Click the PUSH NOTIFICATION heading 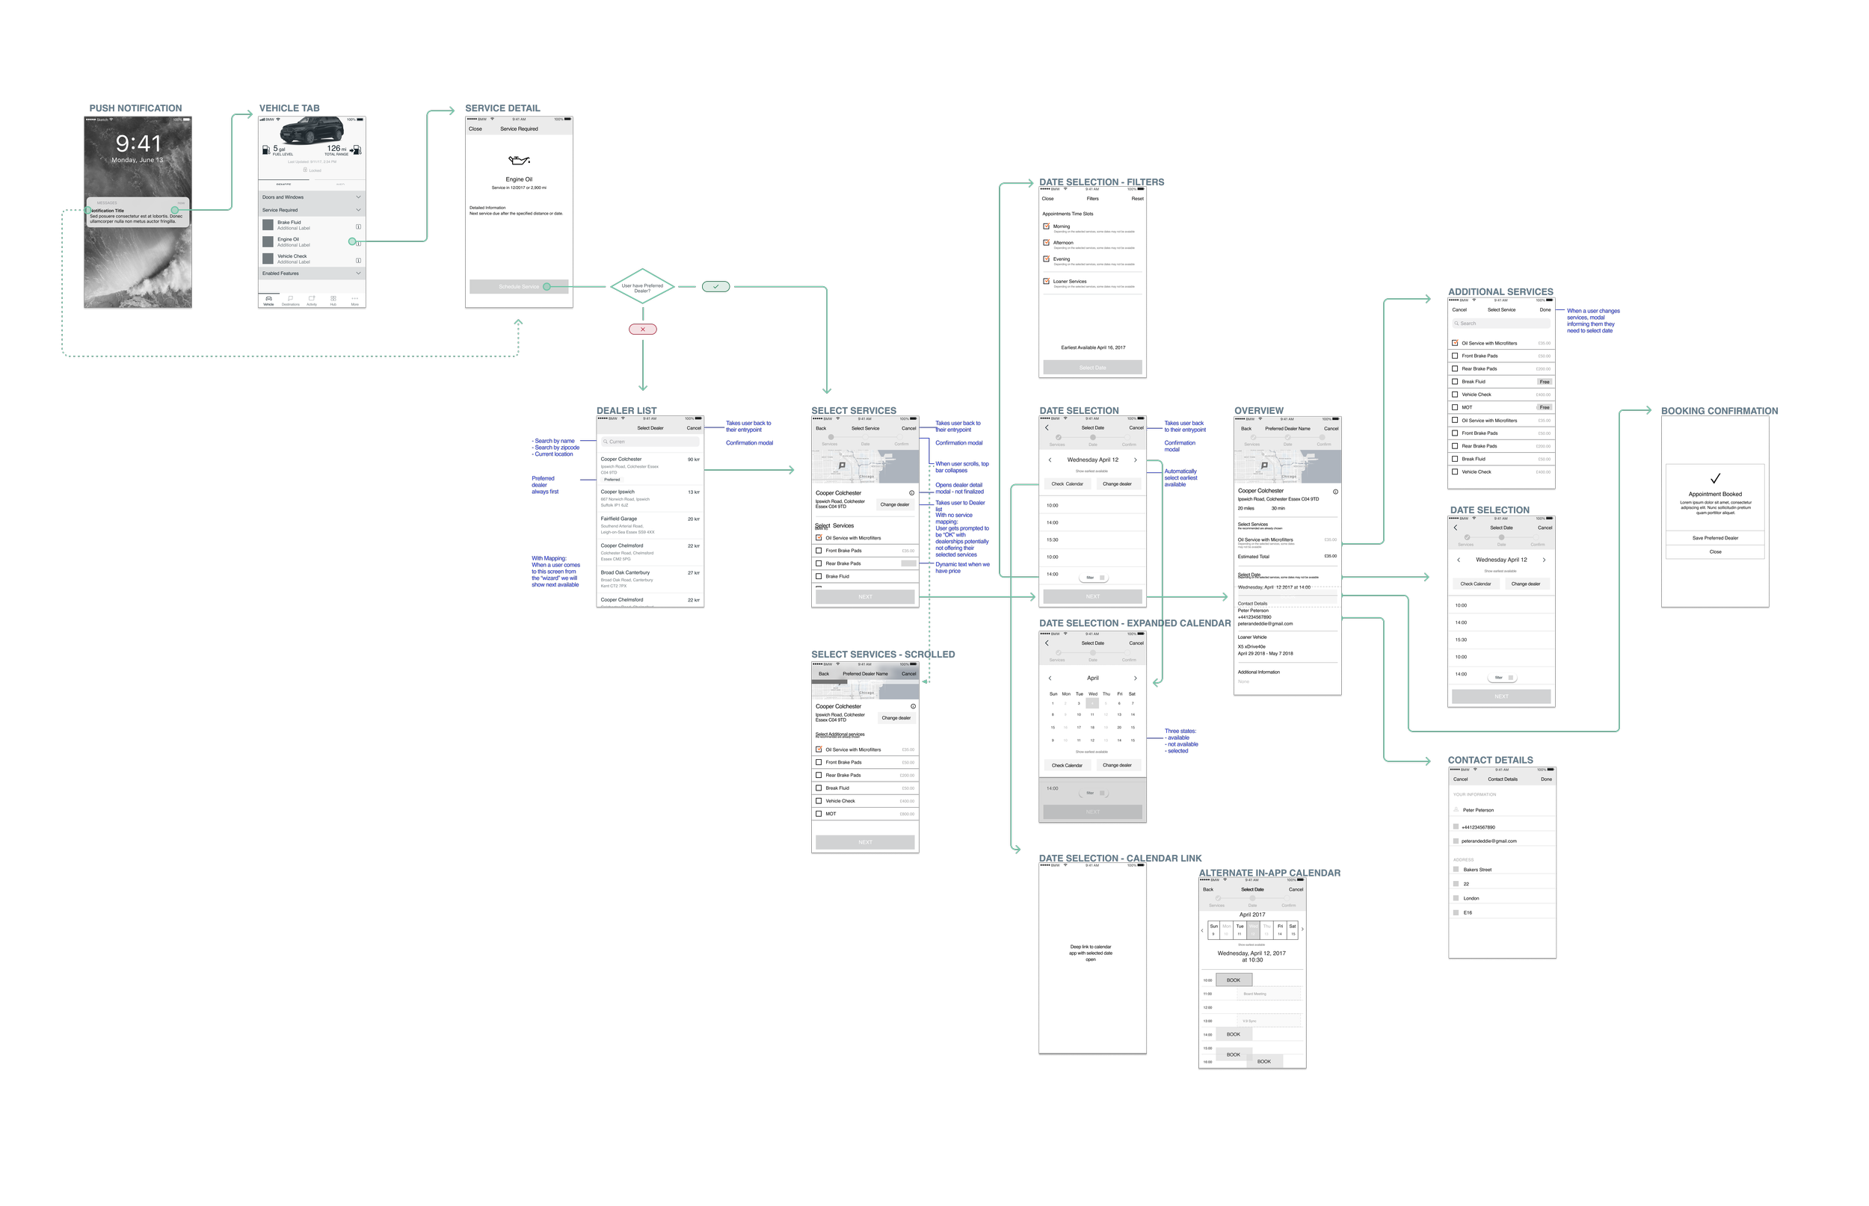[x=135, y=108]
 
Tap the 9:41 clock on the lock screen [x=138, y=143]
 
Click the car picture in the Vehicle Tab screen [x=312, y=130]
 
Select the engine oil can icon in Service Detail [x=519, y=161]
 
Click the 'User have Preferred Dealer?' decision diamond [x=642, y=288]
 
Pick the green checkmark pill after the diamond [x=716, y=287]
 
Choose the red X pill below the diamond [x=642, y=330]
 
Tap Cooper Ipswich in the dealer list [x=619, y=492]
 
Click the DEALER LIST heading [x=626, y=410]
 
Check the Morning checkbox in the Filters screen [x=1047, y=226]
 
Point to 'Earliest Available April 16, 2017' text [x=1093, y=347]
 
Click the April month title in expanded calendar [x=1093, y=678]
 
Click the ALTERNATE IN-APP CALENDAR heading [x=1269, y=873]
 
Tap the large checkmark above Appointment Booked [x=1715, y=478]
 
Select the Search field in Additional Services [x=1501, y=324]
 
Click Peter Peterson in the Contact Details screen [x=1478, y=811]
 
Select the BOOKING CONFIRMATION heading [x=1719, y=411]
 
